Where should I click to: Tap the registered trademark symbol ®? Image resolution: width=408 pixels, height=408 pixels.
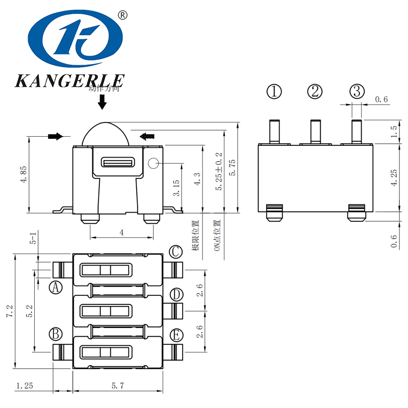click(x=122, y=15)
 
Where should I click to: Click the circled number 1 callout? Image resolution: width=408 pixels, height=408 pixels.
click(x=274, y=92)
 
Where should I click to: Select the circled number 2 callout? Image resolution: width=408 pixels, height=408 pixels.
click(x=315, y=92)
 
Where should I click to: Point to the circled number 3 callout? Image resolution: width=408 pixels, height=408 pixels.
click(x=357, y=92)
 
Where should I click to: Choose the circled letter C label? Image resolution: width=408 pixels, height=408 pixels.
click(x=176, y=251)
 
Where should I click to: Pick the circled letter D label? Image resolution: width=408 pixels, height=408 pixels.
click(x=176, y=295)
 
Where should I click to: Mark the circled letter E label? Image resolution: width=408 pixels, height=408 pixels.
click(x=176, y=335)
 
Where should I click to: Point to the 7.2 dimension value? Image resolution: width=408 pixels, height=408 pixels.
click(x=9, y=312)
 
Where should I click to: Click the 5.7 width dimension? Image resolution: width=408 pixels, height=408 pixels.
click(x=118, y=386)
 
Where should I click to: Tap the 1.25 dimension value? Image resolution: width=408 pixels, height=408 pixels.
click(x=24, y=386)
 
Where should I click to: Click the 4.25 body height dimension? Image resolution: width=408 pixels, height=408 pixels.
click(x=393, y=177)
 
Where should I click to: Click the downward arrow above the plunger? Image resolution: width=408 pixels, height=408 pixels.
click(x=103, y=103)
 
